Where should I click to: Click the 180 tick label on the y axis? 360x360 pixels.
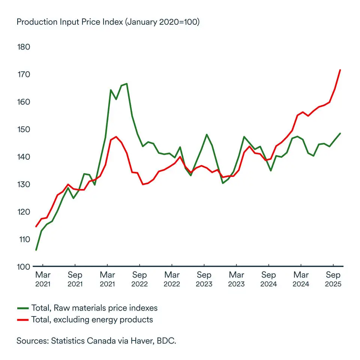pos(24,47)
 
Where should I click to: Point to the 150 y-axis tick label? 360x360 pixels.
pos(24,129)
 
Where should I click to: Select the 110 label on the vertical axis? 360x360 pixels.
pos(24,239)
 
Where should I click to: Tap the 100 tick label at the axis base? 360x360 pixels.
pos(24,267)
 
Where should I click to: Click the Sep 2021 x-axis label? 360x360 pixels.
pos(75,279)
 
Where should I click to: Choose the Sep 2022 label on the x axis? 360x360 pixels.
pos(139,279)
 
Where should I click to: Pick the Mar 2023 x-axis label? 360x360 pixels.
pos(236,279)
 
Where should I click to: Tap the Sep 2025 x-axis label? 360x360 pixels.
pos(333,279)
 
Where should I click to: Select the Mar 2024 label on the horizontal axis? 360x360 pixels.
pos(301,279)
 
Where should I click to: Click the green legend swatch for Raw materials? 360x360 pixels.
pos(23,308)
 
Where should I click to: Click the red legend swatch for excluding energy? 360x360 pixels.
pos(23,320)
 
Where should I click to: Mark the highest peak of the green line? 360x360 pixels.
pos(127,84)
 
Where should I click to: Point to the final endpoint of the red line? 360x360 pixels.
pos(340,70)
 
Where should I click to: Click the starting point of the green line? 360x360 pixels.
pos(36,250)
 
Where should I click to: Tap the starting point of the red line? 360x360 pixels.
pos(36,226)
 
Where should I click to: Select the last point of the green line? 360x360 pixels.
pos(340,133)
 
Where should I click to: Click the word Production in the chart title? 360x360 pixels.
pos(37,22)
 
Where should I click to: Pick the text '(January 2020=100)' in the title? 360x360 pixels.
pos(162,22)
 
